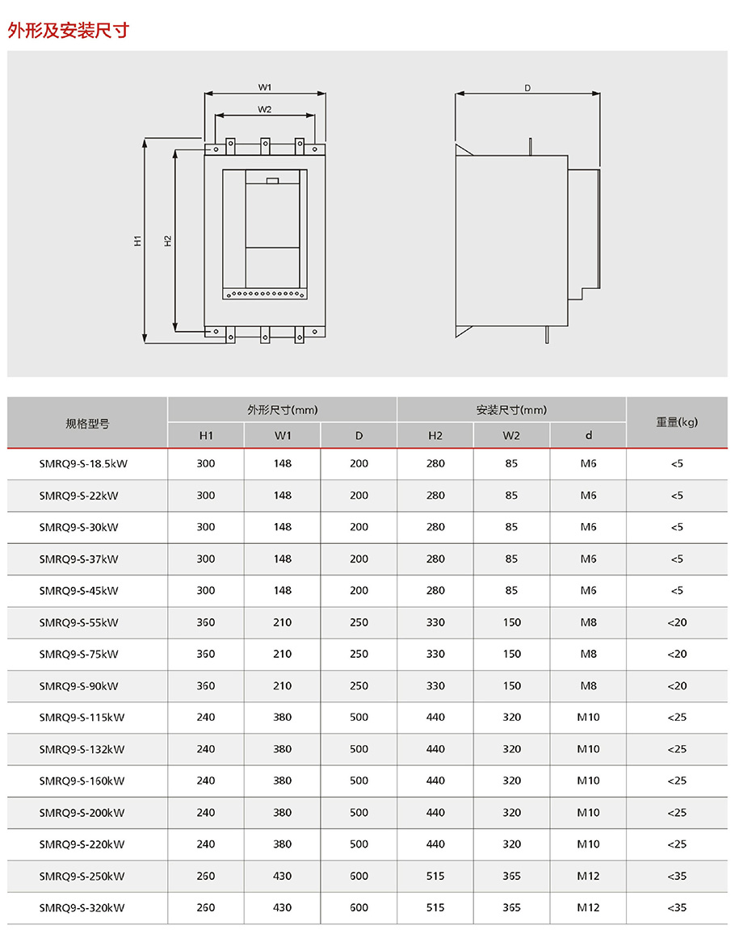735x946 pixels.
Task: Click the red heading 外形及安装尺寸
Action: (x=68, y=31)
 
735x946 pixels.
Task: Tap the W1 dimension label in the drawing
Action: (x=264, y=86)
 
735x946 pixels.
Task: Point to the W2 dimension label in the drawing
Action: (x=264, y=109)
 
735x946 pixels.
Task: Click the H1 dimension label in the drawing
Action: (x=138, y=241)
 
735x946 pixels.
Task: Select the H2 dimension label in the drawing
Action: (x=167, y=241)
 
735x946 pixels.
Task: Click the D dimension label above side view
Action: (x=527, y=88)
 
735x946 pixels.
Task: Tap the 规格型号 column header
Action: (x=87, y=423)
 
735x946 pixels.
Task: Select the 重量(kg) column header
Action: (x=677, y=421)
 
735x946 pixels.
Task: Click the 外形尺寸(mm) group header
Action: (x=282, y=410)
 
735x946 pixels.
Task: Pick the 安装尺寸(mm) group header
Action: (x=511, y=410)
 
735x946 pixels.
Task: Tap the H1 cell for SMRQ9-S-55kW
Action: (x=206, y=622)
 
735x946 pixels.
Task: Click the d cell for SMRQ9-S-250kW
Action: (x=588, y=876)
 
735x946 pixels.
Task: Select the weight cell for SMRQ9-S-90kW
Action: (x=677, y=686)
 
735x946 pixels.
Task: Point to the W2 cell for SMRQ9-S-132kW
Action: (x=511, y=749)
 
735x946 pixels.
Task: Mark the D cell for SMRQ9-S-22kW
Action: (x=359, y=496)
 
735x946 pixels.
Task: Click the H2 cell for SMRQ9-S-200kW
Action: (x=435, y=813)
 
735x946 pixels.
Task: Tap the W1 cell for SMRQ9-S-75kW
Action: (x=282, y=654)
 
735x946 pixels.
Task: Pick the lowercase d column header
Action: (x=588, y=436)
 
